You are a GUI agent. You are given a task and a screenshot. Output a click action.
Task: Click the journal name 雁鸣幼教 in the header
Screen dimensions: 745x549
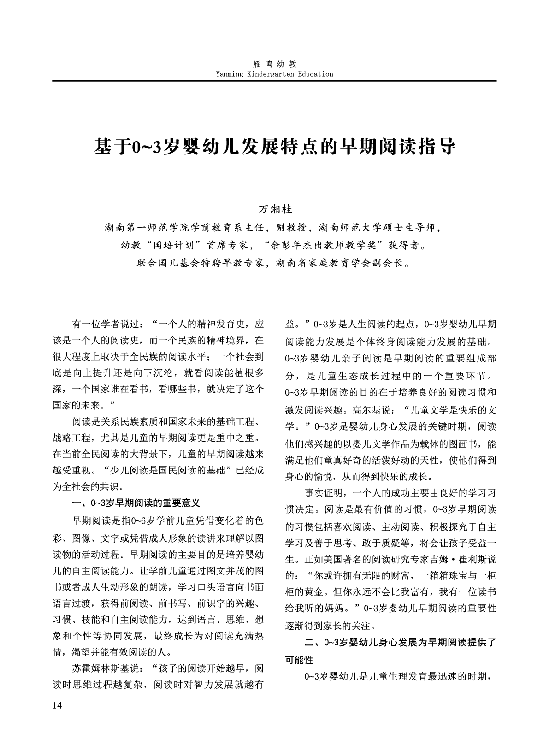(x=274, y=65)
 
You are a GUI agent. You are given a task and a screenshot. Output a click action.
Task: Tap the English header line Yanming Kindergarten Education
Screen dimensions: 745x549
(x=274, y=74)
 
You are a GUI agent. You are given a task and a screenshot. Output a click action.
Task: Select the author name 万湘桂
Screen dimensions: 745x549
(x=275, y=209)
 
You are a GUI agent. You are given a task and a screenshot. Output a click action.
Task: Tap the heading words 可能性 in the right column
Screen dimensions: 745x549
(x=299, y=660)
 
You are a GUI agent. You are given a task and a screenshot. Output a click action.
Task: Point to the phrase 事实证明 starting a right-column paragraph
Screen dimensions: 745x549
(x=323, y=493)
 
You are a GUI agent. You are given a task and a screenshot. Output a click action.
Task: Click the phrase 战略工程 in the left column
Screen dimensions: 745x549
(x=71, y=437)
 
